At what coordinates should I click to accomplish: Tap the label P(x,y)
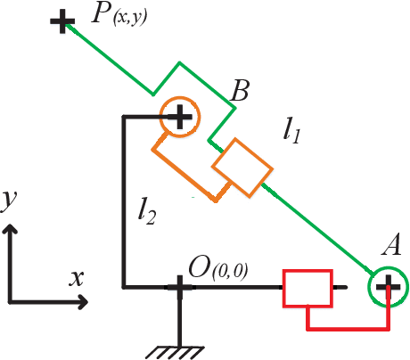point(116,16)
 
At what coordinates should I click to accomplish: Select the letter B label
point(240,90)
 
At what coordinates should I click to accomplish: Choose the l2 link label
point(147,211)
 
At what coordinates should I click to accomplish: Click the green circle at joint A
point(388,287)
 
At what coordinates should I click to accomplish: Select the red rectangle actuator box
point(307,287)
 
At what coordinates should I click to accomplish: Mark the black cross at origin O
point(179,288)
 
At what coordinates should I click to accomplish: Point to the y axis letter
point(8,203)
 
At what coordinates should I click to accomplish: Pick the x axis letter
point(77,279)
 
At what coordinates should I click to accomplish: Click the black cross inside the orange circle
point(180,116)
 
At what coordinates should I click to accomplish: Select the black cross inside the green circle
point(388,287)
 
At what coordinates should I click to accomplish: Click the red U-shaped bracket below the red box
point(348,326)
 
